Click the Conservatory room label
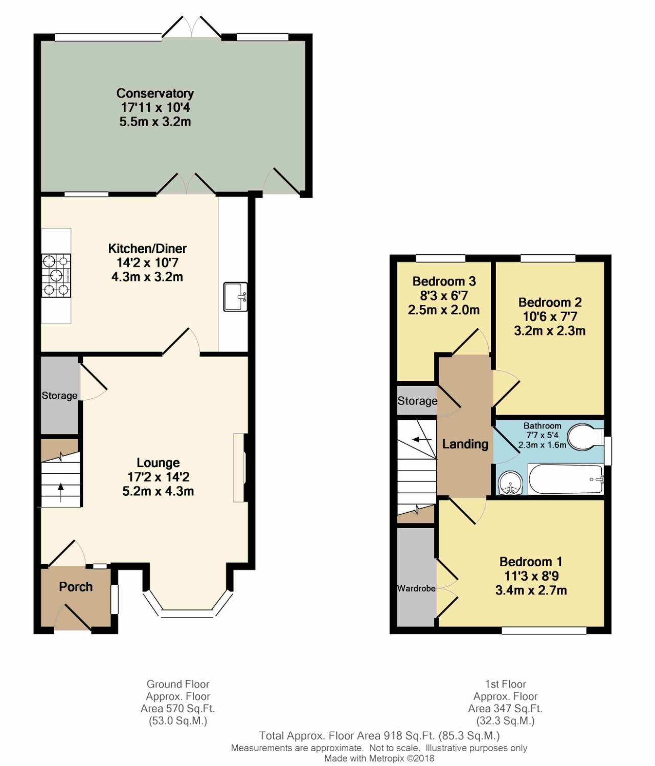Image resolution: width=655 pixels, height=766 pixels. coord(155,93)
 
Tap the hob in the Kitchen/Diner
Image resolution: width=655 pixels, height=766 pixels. coord(56,275)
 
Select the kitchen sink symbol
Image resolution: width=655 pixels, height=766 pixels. coord(235,296)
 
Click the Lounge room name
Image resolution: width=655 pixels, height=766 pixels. coord(158,463)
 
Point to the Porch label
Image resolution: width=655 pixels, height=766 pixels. coord(76,587)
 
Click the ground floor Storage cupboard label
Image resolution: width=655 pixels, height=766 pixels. coord(59,395)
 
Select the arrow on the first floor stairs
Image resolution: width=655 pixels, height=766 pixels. coord(421,439)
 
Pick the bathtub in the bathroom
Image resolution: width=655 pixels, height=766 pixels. coord(566,480)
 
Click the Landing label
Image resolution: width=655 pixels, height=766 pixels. coord(465,444)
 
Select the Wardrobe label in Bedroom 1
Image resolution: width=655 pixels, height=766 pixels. coord(416,588)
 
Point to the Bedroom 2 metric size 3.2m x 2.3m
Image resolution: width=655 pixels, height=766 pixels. coord(550,330)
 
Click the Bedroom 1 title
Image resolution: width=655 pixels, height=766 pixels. coord(531,562)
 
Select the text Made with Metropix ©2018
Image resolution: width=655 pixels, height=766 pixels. coord(379,758)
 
